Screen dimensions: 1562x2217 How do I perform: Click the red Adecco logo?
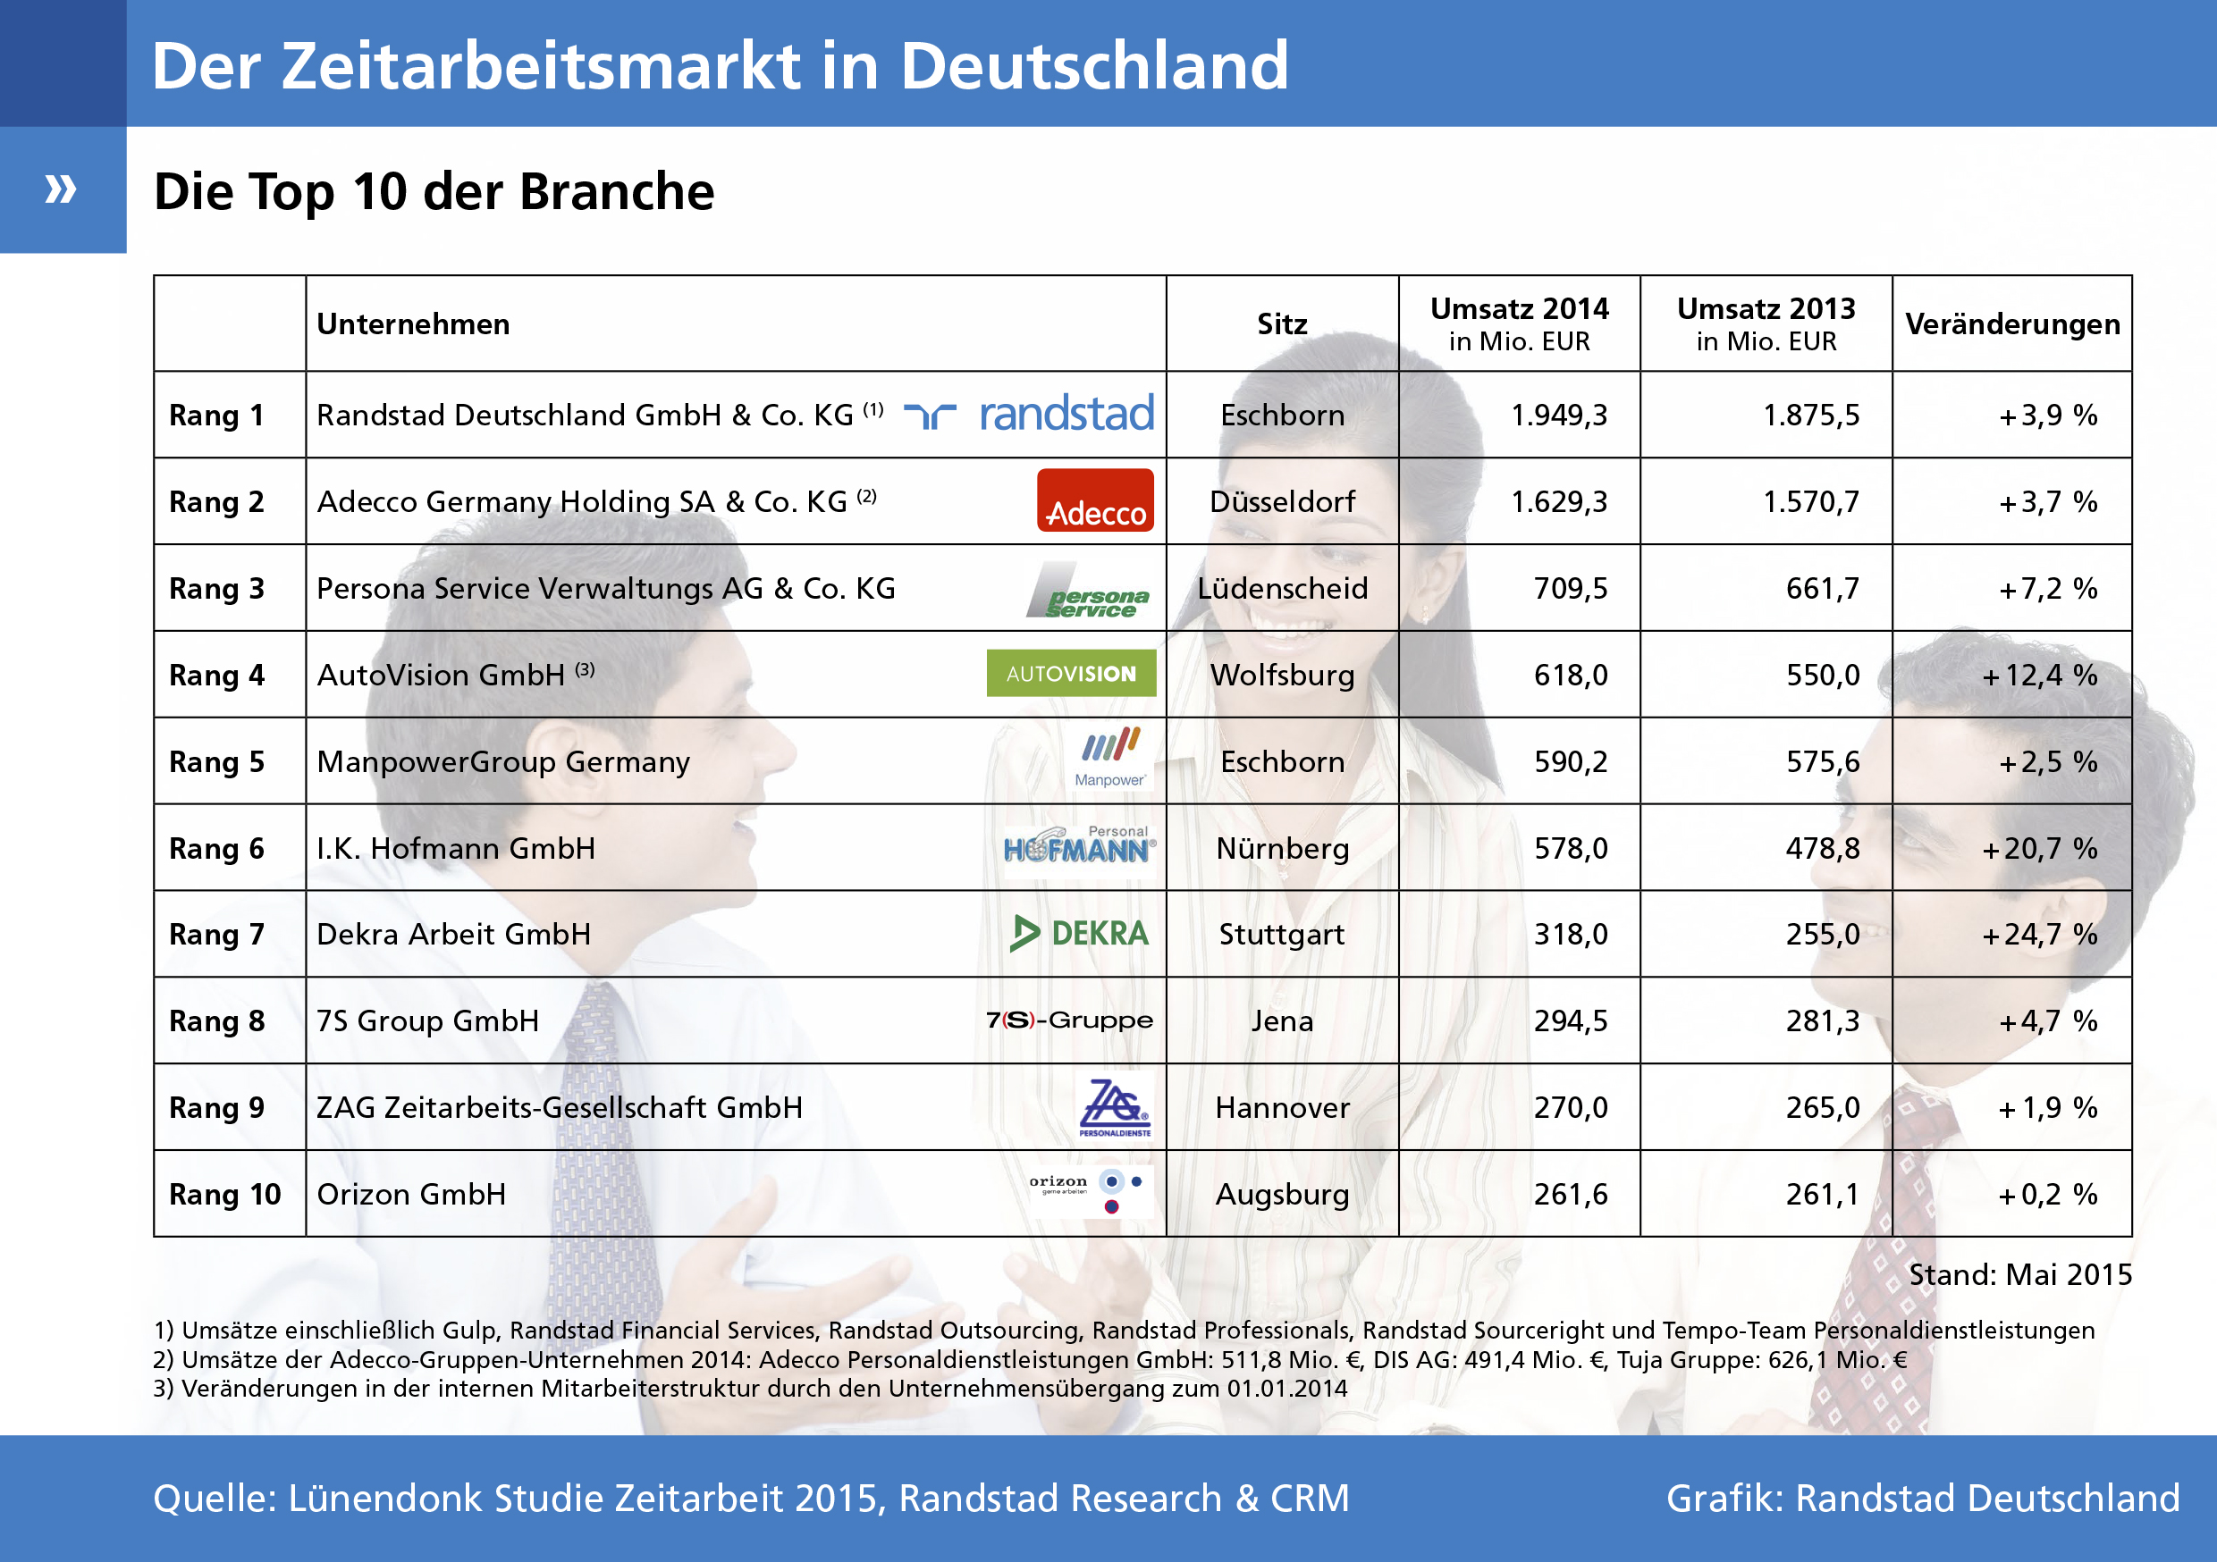tap(1095, 500)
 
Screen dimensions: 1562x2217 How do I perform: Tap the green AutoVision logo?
tap(1071, 673)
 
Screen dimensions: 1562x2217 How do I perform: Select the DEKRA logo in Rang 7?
tap(1080, 934)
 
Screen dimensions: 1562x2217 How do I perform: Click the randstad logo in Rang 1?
tap(1028, 413)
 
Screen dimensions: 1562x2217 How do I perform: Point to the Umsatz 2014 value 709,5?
tap(1570, 588)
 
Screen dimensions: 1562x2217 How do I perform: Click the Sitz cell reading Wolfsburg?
tap(1282, 675)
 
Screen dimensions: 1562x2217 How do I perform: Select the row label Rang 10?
tap(225, 1194)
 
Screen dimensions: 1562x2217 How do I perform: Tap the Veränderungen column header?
tap(2012, 323)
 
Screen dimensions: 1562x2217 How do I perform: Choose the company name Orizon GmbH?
tap(411, 1194)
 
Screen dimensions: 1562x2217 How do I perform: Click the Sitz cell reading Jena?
tap(1282, 1020)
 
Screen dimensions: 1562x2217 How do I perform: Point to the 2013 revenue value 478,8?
tap(1822, 849)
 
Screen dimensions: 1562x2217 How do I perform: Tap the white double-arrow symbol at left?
tap(61, 189)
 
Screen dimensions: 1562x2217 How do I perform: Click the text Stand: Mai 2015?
tap(2019, 1274)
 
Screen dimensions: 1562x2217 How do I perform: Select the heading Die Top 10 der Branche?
tap(434, 191)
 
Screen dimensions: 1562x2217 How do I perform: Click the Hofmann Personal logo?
tap(1079, 845)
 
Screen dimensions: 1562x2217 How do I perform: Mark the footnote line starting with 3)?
tap(749, 1389)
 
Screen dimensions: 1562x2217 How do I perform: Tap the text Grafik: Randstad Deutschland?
tap(1921, 1499)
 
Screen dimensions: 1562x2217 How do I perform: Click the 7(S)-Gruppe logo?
tap(1069, 1020)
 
